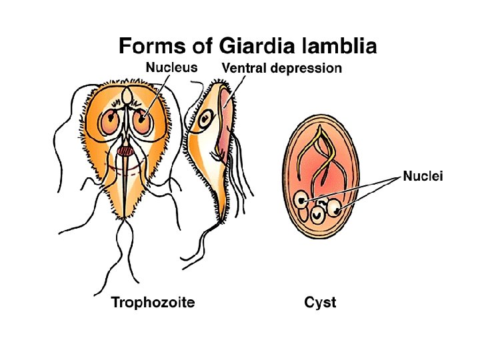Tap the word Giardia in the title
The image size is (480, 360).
235,46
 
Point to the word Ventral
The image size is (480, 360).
245,68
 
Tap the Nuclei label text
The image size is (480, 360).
423,177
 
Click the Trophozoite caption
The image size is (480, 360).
153,303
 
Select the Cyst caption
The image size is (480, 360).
320,303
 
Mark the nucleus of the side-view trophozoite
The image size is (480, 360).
206,121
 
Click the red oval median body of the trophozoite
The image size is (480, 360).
125,152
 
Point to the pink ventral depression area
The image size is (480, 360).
224,127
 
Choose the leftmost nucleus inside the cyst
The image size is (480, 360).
303,199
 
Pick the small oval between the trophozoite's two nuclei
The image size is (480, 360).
126,98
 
